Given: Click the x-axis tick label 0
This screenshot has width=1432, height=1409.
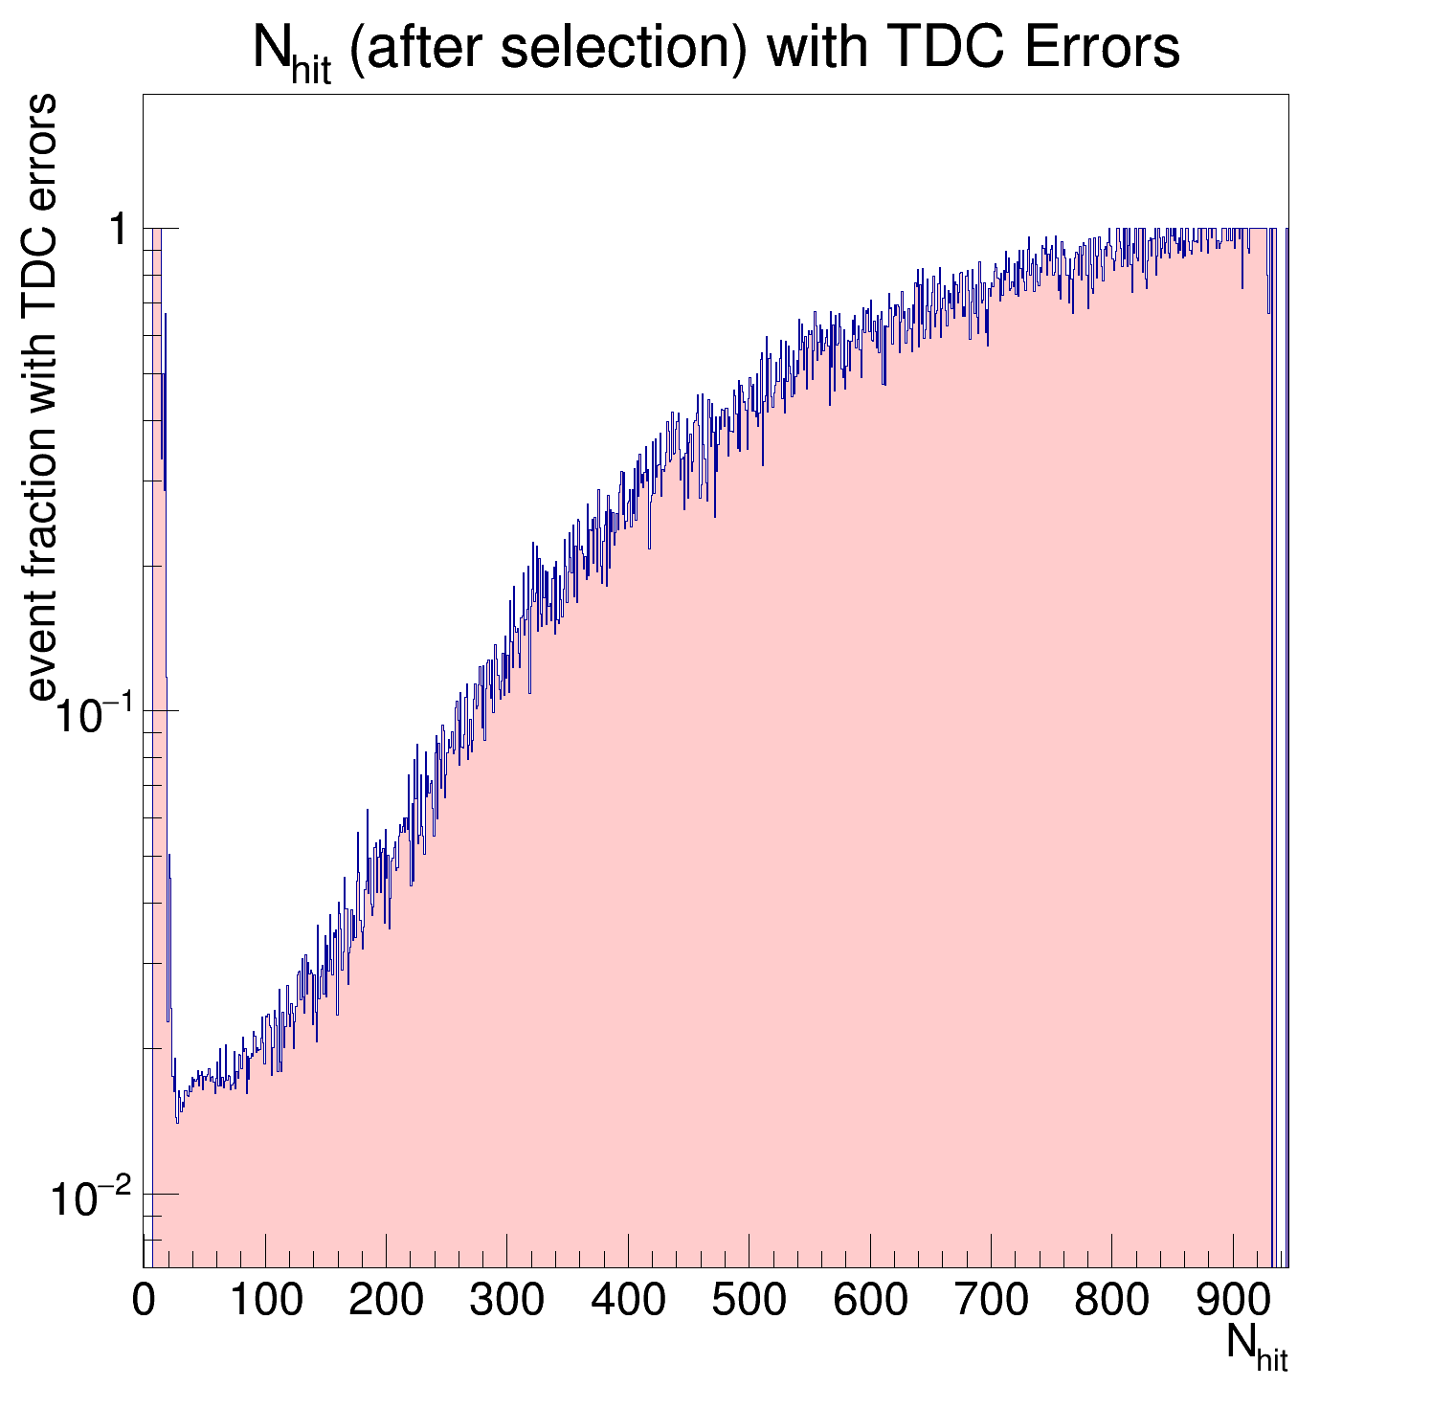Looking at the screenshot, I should [x=144, y=1302].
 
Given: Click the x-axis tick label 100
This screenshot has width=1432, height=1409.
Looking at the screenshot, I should [x=265, y=1302].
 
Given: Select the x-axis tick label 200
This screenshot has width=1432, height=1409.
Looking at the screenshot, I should [x=386, y=1302].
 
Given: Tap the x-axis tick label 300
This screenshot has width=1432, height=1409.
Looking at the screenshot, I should [x=506, y=1302].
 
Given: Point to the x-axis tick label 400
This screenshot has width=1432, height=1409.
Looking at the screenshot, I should [x=628, y=1302].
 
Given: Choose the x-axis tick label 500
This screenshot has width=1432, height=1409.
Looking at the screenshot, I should [x=749, y=1302].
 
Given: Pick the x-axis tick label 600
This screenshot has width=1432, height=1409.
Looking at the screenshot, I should [x=870, y=1302].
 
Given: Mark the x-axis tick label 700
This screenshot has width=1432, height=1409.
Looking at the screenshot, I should [x=991, y=1302].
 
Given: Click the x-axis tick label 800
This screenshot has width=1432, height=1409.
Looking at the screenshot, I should [x=1111, y=1302].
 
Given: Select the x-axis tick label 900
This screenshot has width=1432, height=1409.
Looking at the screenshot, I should [x=1233, y=1302].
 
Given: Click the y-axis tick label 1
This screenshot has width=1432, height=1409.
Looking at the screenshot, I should [x=119, y=230].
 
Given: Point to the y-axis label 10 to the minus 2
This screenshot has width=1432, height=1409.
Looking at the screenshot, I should [x=90, y=1199].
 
